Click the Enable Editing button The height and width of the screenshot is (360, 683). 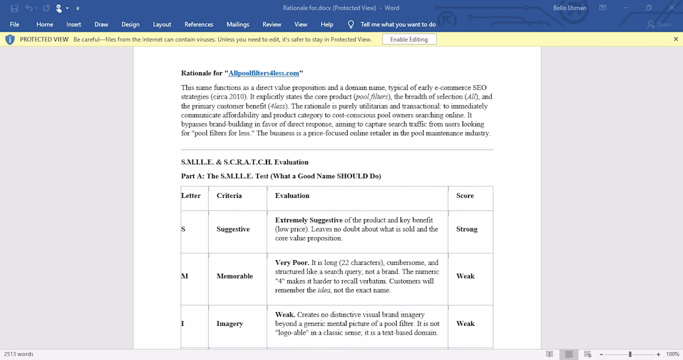[409, 39]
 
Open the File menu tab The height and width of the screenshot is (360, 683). [15, 25]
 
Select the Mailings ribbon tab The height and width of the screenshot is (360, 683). [238, 25]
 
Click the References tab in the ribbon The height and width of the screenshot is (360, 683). [199, 25]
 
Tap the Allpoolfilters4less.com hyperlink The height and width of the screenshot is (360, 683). [264, 73]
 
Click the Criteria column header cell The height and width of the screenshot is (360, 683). [229, 196]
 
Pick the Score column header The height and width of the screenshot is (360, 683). [465, 196]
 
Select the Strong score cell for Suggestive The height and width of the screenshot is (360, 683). [467, 229]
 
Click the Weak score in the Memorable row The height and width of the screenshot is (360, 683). [466, 276]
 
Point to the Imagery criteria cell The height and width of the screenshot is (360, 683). [230, 323]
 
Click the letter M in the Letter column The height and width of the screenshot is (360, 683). [184, 276]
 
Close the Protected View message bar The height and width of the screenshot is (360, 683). [676, 39]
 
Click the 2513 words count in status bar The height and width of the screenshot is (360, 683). [19, 354]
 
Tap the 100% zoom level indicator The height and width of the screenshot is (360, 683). [672, 354]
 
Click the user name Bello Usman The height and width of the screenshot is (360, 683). [569, 8]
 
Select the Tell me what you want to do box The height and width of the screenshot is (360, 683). [398, 25]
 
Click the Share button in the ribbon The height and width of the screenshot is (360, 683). [659, 25]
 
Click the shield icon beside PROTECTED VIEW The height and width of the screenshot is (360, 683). [10, 39]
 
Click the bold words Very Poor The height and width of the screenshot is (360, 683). [292, 263]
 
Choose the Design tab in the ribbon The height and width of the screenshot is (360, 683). [130, 25]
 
